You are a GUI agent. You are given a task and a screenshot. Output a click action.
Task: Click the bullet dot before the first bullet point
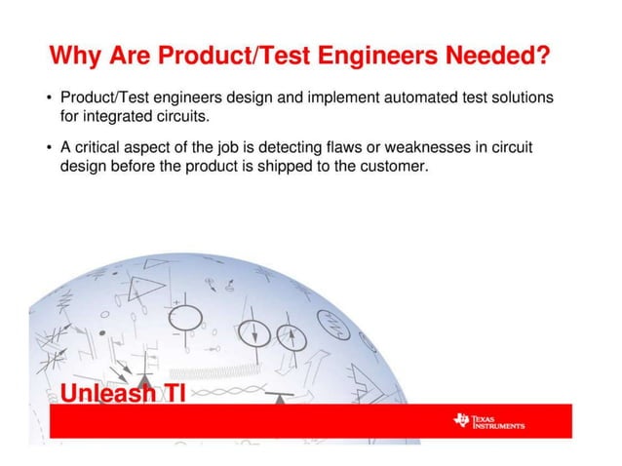(50, 98)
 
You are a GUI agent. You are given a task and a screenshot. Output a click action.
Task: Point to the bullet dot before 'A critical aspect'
(50, 147)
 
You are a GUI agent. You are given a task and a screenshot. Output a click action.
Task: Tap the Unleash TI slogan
(122, 394)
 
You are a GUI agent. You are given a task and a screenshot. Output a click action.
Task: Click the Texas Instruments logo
(488, 421)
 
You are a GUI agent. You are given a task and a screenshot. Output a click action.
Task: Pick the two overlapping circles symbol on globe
(292, 337)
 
